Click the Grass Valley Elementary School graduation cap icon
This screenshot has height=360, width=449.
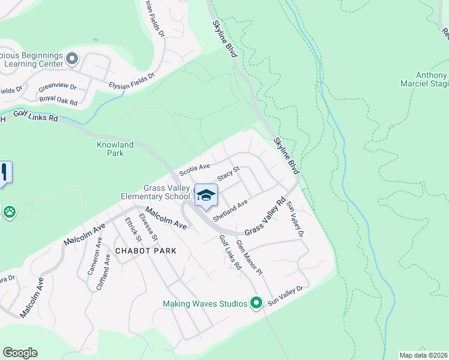click(205, 195)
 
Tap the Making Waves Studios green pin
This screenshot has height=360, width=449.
click(256, 303)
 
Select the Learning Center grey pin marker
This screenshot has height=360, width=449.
click(72, 59)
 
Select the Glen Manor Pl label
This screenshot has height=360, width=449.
click(249, 257)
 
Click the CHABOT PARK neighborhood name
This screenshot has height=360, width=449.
click(145, 251)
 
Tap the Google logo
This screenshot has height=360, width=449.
click(20, 353)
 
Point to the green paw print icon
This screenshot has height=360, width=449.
click(10, 212)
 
